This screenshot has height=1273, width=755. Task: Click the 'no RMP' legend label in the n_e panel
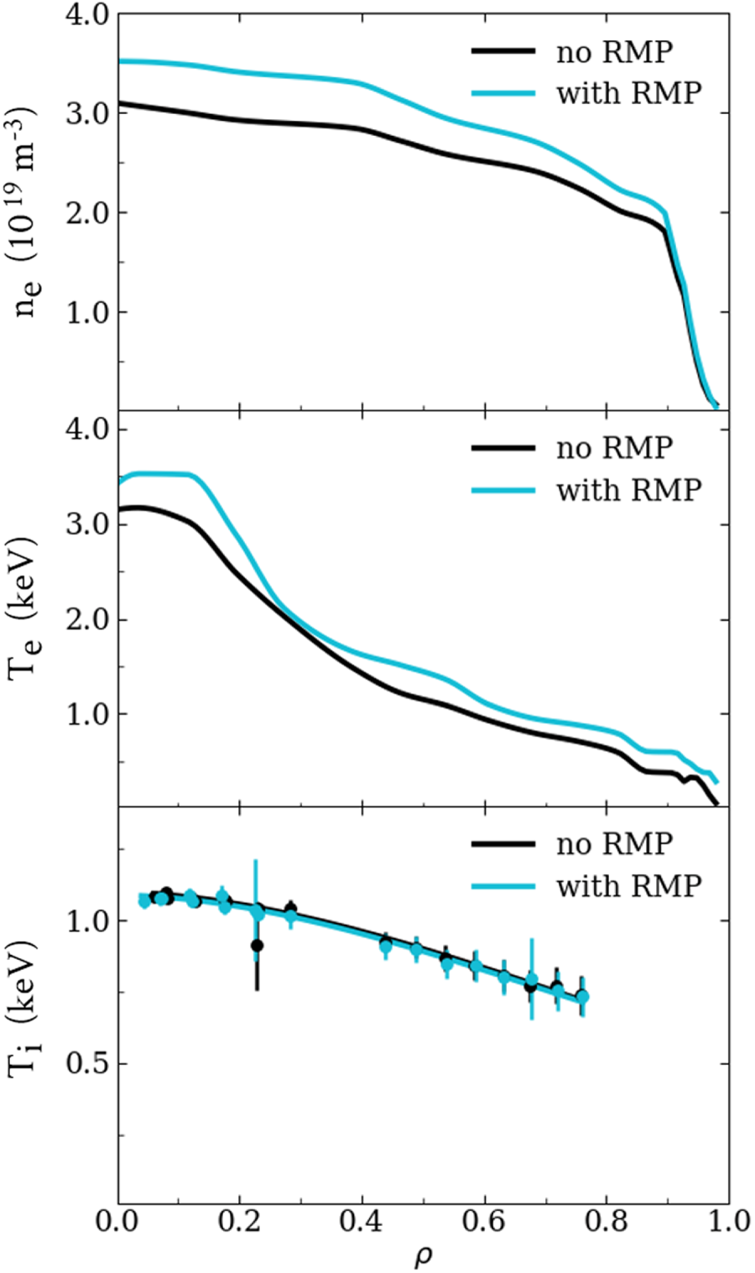[614, 52]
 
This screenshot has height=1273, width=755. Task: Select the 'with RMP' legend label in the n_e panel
[627, 92]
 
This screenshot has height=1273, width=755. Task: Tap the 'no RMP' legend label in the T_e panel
[614, 447]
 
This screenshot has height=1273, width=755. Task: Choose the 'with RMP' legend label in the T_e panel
[627, 488]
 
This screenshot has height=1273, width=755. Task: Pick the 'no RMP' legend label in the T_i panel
[614, 843]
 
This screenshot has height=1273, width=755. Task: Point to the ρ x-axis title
[423, 1256]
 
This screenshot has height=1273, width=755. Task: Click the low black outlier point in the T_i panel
[257, 946]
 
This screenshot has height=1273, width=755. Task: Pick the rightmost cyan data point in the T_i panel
[582, 996]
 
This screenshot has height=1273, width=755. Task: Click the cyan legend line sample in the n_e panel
[503, 92]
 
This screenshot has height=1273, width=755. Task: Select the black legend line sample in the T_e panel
[503, 447]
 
